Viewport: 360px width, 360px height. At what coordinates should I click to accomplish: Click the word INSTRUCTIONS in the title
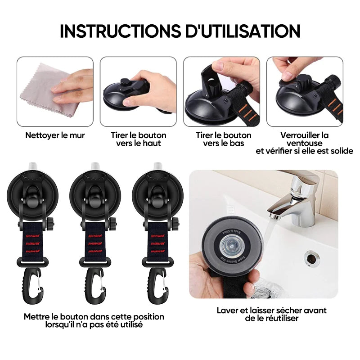point(120,31)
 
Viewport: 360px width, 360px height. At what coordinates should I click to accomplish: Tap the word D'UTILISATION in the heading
point(243,31)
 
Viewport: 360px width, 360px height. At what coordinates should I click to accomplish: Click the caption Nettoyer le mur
point(55,135)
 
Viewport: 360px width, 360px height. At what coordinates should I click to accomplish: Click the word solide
point(342,151)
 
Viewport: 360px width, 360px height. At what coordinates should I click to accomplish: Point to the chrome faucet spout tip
point(275,216)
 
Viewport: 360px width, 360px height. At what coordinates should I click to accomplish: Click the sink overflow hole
point(311,258)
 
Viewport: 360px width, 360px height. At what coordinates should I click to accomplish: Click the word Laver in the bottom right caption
point(228,310)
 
